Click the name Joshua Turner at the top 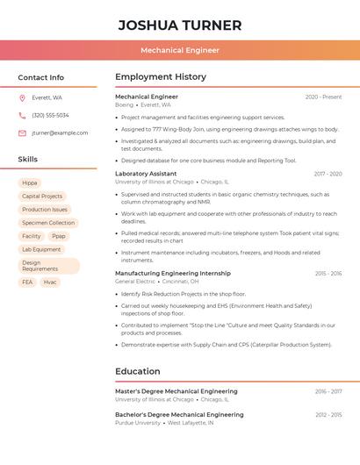click(x=180, y=25)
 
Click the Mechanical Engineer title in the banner click(x=180, y=50)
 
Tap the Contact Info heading click(x=41, y=77)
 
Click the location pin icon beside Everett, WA click(x=22, y=97)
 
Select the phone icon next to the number click(x=22, y=115)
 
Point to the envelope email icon click(x=22, y=132)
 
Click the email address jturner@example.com click(x=60, y=132)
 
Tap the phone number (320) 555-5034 click(x=50, y=115)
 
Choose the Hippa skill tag click(x=30, y=183)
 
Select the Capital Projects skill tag click(x=42, y=197)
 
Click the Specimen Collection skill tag click(x=48, y=223)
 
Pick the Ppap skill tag click(x=59, y=236)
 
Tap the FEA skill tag click(x=27, y=282)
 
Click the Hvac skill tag click(x=50, y=282)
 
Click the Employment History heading click(x=161, y=77)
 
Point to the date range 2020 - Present click(x=323, y=97)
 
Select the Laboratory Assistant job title click(x=146, y=174)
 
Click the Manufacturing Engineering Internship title click(x=173, y=274)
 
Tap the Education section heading click(x=138, y=371)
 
